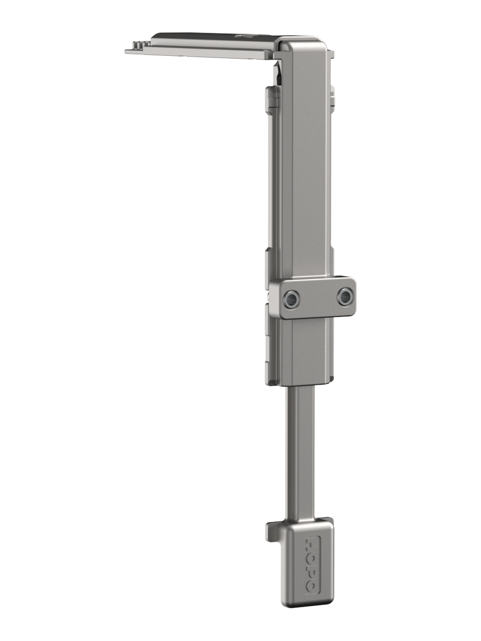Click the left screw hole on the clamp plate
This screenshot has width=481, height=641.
point(291,299)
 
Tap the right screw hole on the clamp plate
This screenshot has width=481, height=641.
point(345,296)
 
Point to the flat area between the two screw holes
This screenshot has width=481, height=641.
point(318,298)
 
